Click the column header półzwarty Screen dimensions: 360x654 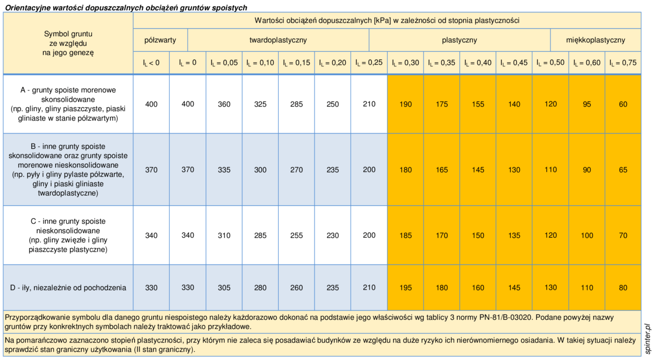pyautogui.click(x=160, y=40)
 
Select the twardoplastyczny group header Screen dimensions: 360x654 pyautogui.click(x=278, y=40)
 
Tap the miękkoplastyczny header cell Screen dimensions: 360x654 pyautogui.click(x=595, y=40)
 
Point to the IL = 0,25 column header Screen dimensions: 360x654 pyautogui.click(x=369, y=63)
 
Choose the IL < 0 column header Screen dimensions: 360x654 pyautogui.click(x=151, y=63)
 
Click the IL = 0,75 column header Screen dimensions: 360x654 pyautogui.click(x=623, y=63)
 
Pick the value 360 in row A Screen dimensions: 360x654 pyautogui.click(x=224, y=104)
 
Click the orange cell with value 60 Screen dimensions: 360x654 pyautogui.click(x=623, y=104)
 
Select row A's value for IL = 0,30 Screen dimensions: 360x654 pyautogui.click(x=405, y=104)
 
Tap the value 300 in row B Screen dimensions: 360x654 pyautogui.click(x=260, y=169)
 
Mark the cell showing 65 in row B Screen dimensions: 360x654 pyautogui.click(x=623, y=169)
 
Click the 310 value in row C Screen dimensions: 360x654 pyautogui.click(x=224, y=235)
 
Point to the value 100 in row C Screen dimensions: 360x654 pyautogui.click(x=587, y=235)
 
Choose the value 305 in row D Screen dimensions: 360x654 pyautogui.click(x=224, y=288)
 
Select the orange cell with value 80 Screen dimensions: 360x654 pyautogui.click(x=623, y=288)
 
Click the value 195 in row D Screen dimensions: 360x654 pyautogui.click(x=405, y=288)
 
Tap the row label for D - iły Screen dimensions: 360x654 pyautogui.click(x=68, y=288)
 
